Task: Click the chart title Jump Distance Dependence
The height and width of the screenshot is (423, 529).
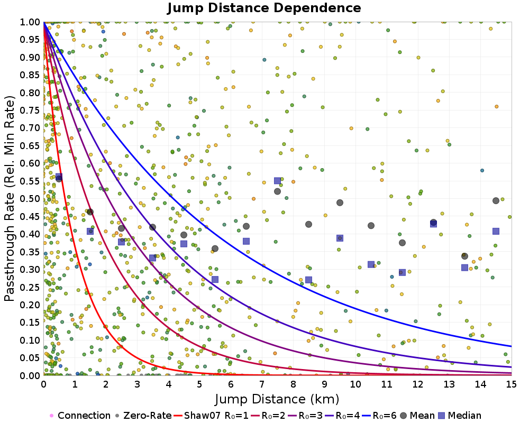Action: point(264,8)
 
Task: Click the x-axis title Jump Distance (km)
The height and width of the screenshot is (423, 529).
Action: point(277,398)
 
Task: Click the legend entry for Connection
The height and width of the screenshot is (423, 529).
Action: point(84,416)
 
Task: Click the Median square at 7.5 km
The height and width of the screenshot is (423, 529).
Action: point(277,181)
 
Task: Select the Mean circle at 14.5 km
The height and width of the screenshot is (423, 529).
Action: point(496,200)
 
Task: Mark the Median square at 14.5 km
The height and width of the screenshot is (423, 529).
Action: point(496,231)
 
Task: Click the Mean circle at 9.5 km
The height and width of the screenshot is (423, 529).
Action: point(340,203)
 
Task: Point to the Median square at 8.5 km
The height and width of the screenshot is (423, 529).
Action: point(308,280)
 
